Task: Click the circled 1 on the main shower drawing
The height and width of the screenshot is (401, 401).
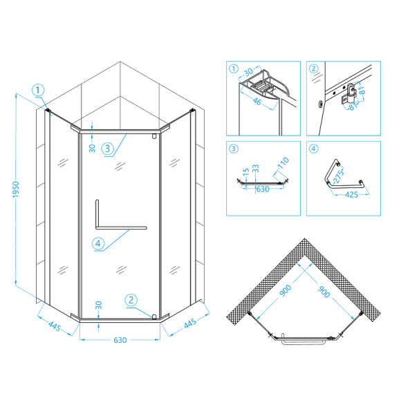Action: tap(38, 89)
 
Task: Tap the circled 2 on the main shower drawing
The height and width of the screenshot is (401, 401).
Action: tap(131, 299)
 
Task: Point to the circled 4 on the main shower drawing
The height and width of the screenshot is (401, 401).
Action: tap(97, 243)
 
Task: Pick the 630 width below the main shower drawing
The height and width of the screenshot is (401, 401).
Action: tap(120, 340)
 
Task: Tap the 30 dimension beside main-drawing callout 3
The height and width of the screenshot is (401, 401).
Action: tap(92, 147)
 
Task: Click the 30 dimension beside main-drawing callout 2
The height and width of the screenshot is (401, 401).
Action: tap(99, 304)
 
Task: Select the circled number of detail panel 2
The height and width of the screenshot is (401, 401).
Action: tap(313, 68)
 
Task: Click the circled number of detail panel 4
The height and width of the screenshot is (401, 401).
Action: tap(313, 148)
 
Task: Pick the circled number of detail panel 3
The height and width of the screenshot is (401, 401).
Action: tap(234, 148)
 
